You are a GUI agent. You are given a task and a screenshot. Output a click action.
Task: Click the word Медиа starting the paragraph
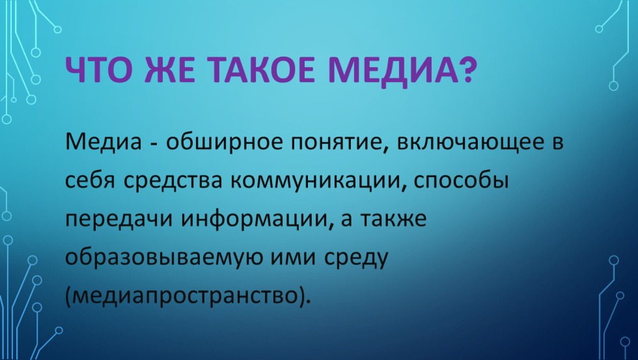click(x=104, y=142)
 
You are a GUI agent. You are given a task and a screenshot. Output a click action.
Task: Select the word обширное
click(x=224, y=143)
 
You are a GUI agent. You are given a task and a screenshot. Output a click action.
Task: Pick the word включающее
click(x=470, y=144)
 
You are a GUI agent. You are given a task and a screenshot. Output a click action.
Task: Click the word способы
click(x=461, y=181)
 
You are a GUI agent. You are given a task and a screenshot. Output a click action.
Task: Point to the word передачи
click(x=118, y=219)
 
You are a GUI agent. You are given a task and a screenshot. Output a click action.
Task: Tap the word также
click(x=394, y=219)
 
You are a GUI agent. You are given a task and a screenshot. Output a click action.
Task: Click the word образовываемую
click(x=164, y=258)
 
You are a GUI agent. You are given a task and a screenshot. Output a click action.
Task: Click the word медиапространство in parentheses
click(x=185, y=296)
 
